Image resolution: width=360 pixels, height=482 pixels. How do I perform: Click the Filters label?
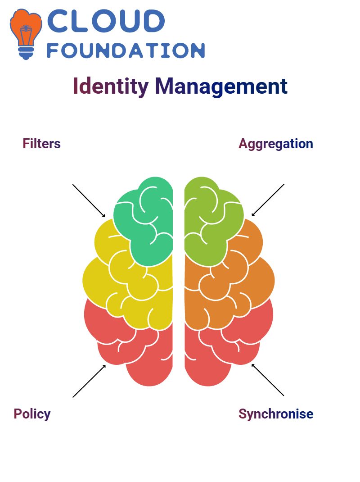tap(41, 144)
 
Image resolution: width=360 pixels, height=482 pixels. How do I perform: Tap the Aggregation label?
tap(276, 144)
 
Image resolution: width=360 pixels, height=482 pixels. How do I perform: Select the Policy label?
tap(32, 414)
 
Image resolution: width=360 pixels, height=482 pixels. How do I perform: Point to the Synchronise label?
tap(276, 414)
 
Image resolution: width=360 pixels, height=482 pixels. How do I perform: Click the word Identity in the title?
tap(111, 86)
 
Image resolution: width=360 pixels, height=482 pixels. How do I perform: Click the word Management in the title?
tap(221, 86)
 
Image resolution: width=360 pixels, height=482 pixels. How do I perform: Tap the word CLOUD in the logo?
tap(106, 21)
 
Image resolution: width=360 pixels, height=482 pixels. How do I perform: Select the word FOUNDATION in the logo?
tap(126, 50)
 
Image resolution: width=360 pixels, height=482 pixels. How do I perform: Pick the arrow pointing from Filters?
tap(89, 201)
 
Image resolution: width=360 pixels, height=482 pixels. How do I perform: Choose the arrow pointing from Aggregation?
tap(268, 200)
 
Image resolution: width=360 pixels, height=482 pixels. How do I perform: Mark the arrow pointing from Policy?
tap(89, 381)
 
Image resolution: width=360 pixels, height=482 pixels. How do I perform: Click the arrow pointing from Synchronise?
tap(268, 380)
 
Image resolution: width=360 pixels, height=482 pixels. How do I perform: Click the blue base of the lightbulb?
tap(26, 53)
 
